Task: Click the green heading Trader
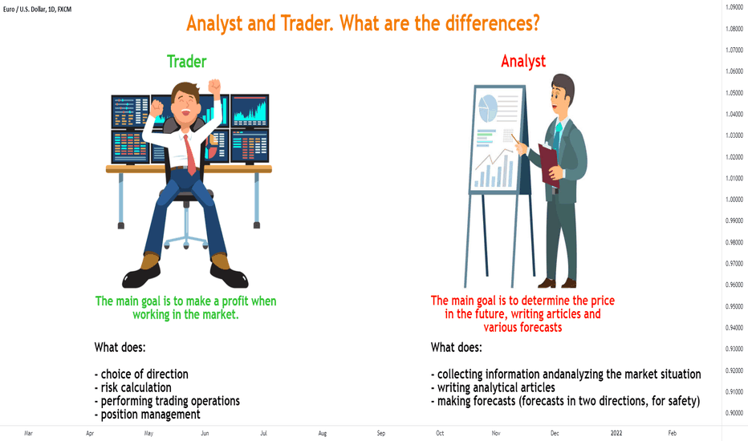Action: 186,62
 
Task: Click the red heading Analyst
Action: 523,62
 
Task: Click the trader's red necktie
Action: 190,155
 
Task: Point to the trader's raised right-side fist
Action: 214,87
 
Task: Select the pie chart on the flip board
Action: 488,108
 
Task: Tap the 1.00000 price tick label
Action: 734,200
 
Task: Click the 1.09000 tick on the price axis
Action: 734,7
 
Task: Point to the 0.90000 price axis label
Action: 734,413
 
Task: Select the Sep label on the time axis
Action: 380,433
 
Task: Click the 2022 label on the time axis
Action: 616,433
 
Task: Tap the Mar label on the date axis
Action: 28,433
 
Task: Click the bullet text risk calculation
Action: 132,387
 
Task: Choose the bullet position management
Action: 148,415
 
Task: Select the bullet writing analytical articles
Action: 493,387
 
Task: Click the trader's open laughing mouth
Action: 185,113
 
